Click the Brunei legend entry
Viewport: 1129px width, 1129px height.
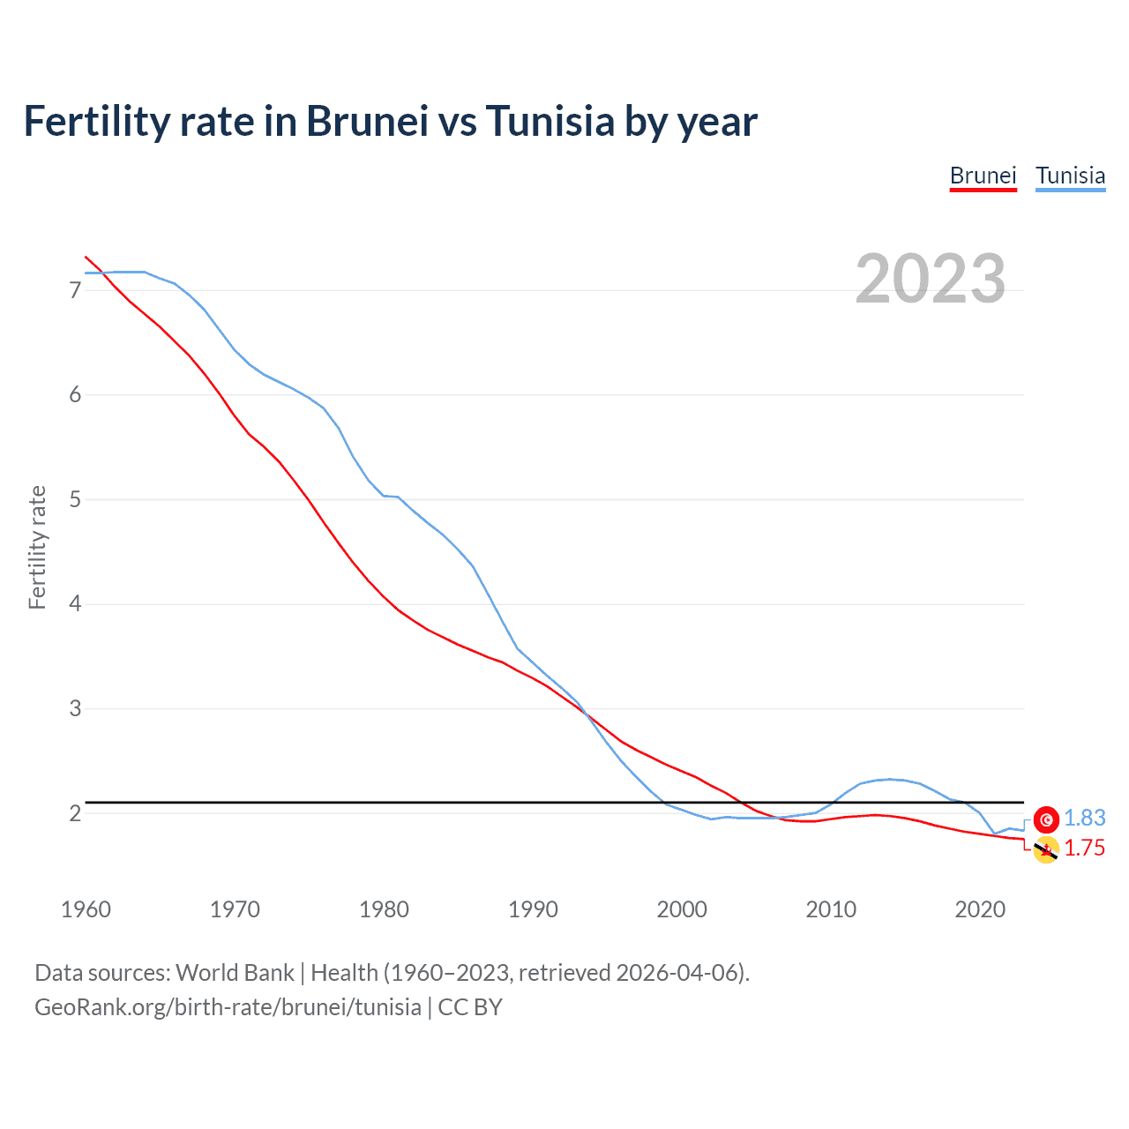point(983,176)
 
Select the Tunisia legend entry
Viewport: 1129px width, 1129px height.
point(1070,176)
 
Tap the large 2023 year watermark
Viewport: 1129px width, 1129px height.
point(931,279)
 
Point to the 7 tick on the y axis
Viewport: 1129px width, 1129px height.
point(75,290)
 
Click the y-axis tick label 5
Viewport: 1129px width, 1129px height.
point(75,499)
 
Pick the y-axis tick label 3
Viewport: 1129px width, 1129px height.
point(75,708)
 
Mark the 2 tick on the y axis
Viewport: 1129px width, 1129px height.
point(75,813)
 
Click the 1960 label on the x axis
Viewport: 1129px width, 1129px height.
point(86,909)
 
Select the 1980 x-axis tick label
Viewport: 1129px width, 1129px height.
point(384,909)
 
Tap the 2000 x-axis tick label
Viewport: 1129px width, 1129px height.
point(682,909)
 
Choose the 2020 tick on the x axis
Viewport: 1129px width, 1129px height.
point(980,909)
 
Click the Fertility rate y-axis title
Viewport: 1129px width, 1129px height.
point(37,547)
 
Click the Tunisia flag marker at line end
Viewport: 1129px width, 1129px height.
point(1046,819)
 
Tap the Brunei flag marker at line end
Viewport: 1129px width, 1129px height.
point(1046,850)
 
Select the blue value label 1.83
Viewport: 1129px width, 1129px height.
point(1084,819)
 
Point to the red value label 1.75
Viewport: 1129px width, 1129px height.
point(1084,849)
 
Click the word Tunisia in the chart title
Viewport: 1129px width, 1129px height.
point(550,122)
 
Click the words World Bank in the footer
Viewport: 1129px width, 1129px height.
point(235,973)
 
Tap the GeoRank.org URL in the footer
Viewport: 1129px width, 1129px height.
point(228,1007)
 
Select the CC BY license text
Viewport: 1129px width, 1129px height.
point(470,1007)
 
